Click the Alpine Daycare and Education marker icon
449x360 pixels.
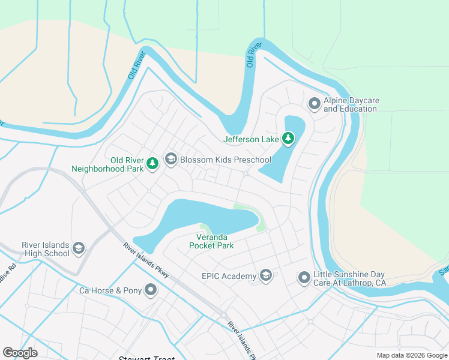tap(314, 104)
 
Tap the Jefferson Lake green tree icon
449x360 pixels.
tap(289, 139)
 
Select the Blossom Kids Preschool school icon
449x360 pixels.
tap(171, 159)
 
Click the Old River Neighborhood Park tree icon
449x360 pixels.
tap(152, 163)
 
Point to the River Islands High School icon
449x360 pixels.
tap(78, 248)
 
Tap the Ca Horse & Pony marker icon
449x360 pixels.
tap(150, 290)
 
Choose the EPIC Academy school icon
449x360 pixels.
tap(266, 276)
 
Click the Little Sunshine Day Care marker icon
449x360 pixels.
tap(304, 278)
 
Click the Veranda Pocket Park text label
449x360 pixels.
tap(211, 241)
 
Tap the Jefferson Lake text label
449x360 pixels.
tap(251, 140)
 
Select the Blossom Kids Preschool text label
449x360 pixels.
tap(226, 160)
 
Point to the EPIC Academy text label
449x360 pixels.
tap(229, 277)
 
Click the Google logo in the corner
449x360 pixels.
tap(20, 353)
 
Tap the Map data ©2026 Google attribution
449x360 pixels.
tap(411, 355)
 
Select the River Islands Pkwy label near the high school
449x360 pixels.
tap(146, 260)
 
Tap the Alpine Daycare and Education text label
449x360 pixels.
tap(351, 105)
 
